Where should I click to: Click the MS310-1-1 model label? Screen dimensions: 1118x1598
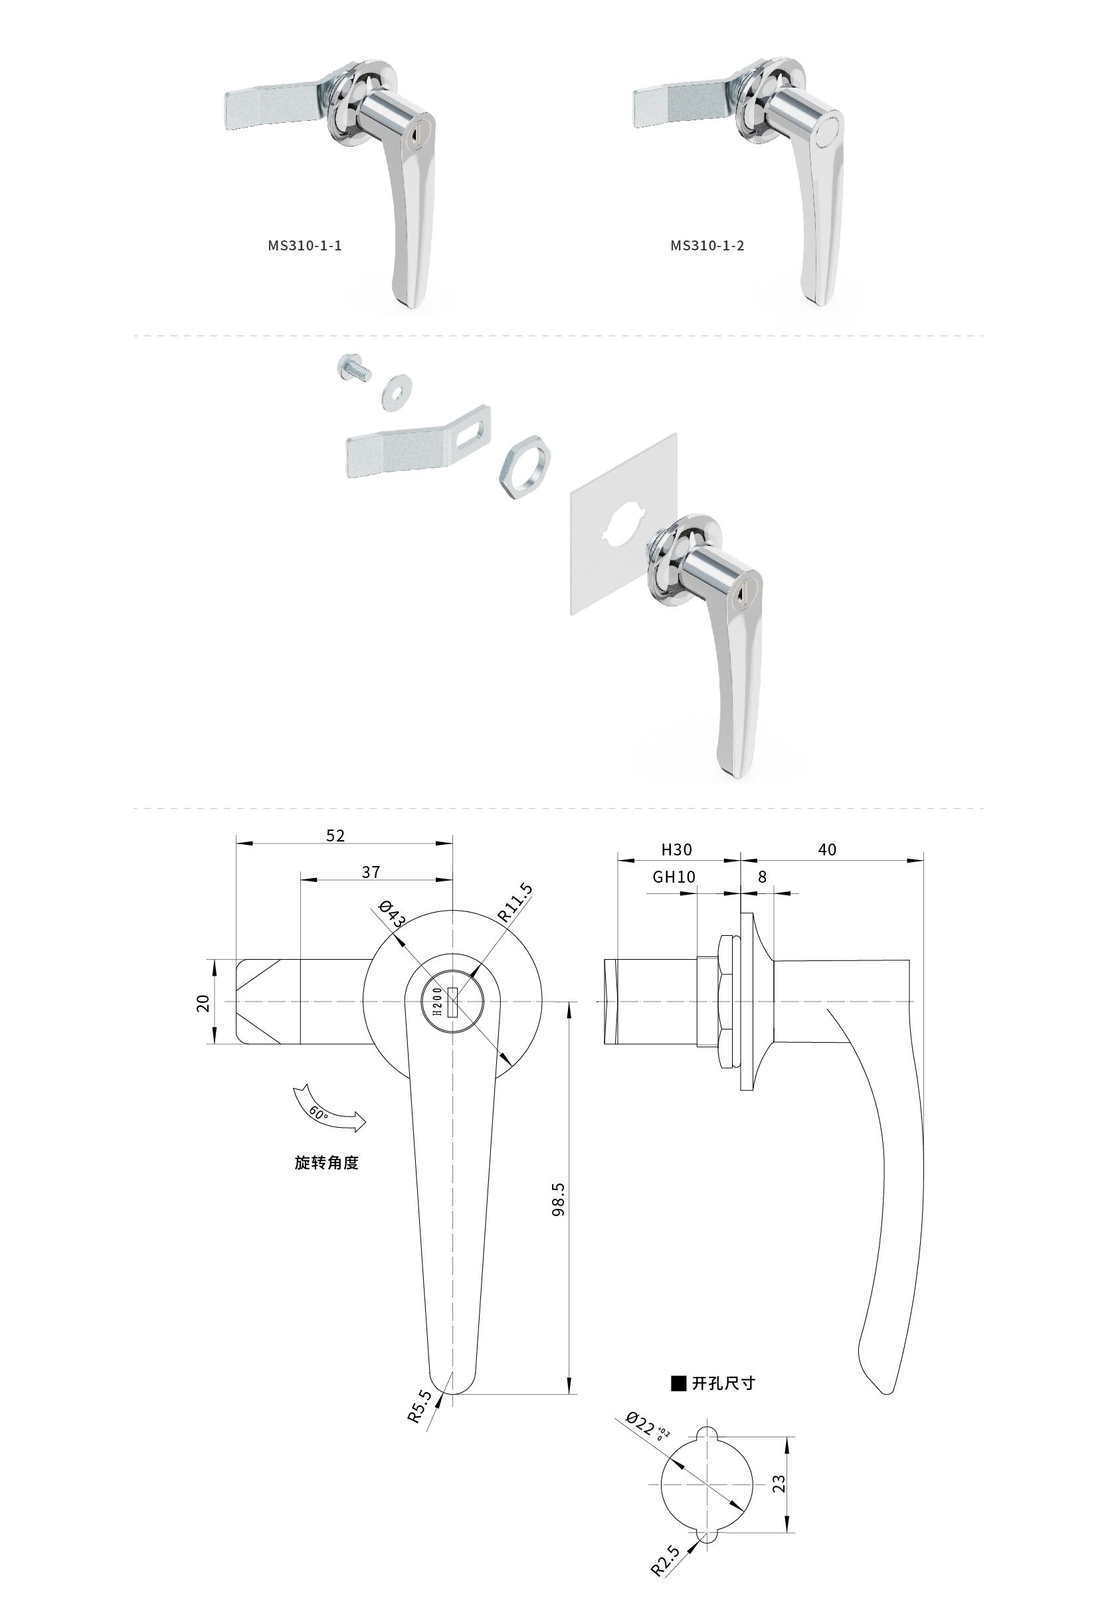(x=305, y=246)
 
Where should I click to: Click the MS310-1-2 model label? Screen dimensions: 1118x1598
(x=707, y=246)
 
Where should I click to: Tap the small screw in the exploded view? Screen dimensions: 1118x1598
(x=353, y=367)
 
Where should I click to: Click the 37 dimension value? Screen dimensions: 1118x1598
(x=371, y=872)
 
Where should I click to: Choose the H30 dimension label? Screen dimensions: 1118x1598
(x=676, y=849)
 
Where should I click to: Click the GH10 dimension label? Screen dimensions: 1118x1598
(x=674, y=877)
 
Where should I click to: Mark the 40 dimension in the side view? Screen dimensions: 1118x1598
(x=827, y=849)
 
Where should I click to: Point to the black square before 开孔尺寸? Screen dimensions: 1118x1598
(x=678, y=1383)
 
